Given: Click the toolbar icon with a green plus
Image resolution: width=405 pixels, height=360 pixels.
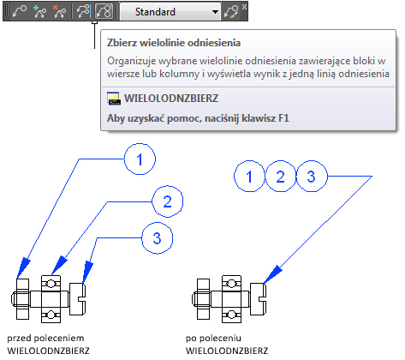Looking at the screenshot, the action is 39,12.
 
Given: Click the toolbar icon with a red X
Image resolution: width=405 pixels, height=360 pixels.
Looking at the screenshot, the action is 59,12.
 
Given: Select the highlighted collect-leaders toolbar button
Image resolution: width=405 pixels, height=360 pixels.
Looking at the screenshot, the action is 104,12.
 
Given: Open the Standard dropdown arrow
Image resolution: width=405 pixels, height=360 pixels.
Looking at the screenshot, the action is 215,12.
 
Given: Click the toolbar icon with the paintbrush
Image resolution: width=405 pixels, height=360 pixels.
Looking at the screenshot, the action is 231,12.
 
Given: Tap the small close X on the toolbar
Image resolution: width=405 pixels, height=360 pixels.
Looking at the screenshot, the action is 244,7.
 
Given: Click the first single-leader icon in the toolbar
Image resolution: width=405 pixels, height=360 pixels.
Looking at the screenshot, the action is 20,12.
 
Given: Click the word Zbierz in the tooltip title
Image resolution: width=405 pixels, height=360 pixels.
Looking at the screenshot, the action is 122,43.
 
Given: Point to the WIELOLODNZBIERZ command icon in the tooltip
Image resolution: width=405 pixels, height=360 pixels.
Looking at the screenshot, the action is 114,99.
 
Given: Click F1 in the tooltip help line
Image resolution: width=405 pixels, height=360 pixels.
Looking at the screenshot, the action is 283,118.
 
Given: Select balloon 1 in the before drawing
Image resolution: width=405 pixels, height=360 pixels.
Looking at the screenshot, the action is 140,159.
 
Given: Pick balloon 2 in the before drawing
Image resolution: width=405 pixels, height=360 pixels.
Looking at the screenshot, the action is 168,201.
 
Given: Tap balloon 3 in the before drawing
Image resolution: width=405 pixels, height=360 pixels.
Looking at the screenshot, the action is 158,238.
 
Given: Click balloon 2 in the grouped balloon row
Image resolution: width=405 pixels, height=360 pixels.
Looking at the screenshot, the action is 281,177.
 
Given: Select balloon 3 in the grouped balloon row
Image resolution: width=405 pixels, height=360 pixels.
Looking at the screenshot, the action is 312,177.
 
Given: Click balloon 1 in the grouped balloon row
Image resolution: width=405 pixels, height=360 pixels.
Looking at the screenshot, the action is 249,177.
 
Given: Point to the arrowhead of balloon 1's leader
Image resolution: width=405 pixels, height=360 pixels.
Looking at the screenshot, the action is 23,267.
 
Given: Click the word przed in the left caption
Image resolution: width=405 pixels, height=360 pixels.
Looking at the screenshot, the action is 19,339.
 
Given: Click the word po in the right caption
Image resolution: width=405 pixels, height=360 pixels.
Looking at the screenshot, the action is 191,339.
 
